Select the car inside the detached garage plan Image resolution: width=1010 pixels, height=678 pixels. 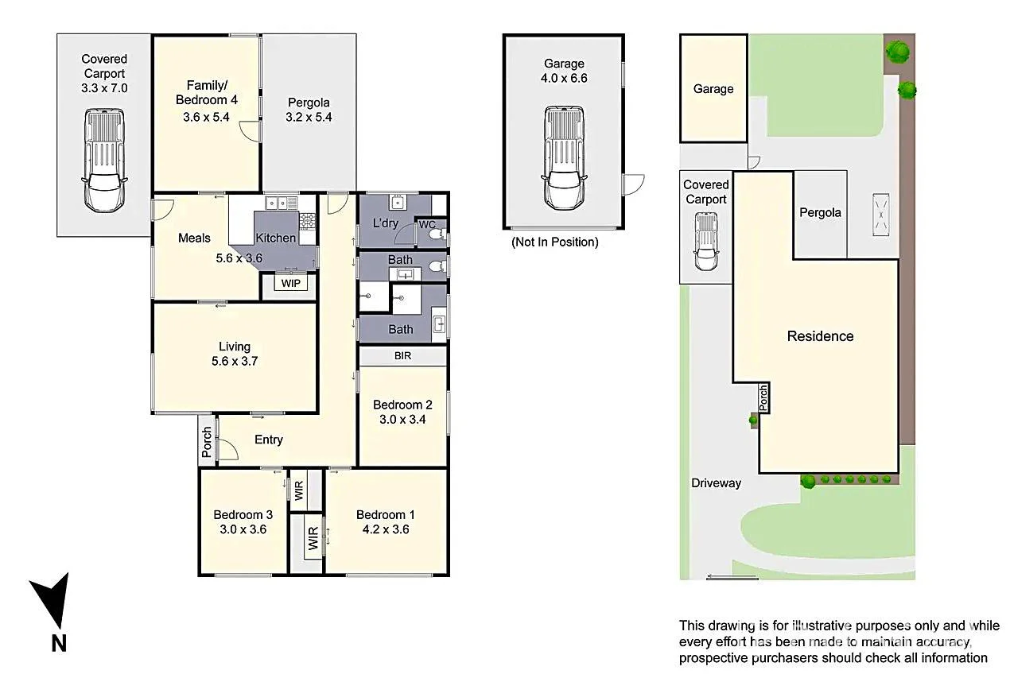pos(564,157)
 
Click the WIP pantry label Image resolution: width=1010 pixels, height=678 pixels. pos(290,283)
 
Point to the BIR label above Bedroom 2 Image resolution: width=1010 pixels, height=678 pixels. pos(402,356)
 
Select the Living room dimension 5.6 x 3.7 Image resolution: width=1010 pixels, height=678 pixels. pos(235,361)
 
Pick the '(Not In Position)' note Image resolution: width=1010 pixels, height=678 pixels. pos(554,242)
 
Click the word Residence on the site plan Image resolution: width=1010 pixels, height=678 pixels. pos(820,336)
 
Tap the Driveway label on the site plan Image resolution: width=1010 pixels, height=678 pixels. pos(716,482)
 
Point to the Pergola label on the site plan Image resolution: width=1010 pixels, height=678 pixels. pos(820,212)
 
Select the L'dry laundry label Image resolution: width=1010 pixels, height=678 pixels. pos(386,223)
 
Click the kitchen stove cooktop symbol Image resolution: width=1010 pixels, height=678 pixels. pos(307,219)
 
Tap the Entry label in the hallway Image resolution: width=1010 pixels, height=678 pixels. pos(268,440)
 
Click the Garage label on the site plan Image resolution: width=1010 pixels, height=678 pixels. pos(713,89)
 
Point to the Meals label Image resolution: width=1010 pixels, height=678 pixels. pos(194,238)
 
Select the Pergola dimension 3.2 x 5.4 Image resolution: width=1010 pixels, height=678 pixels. pos(309,117)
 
